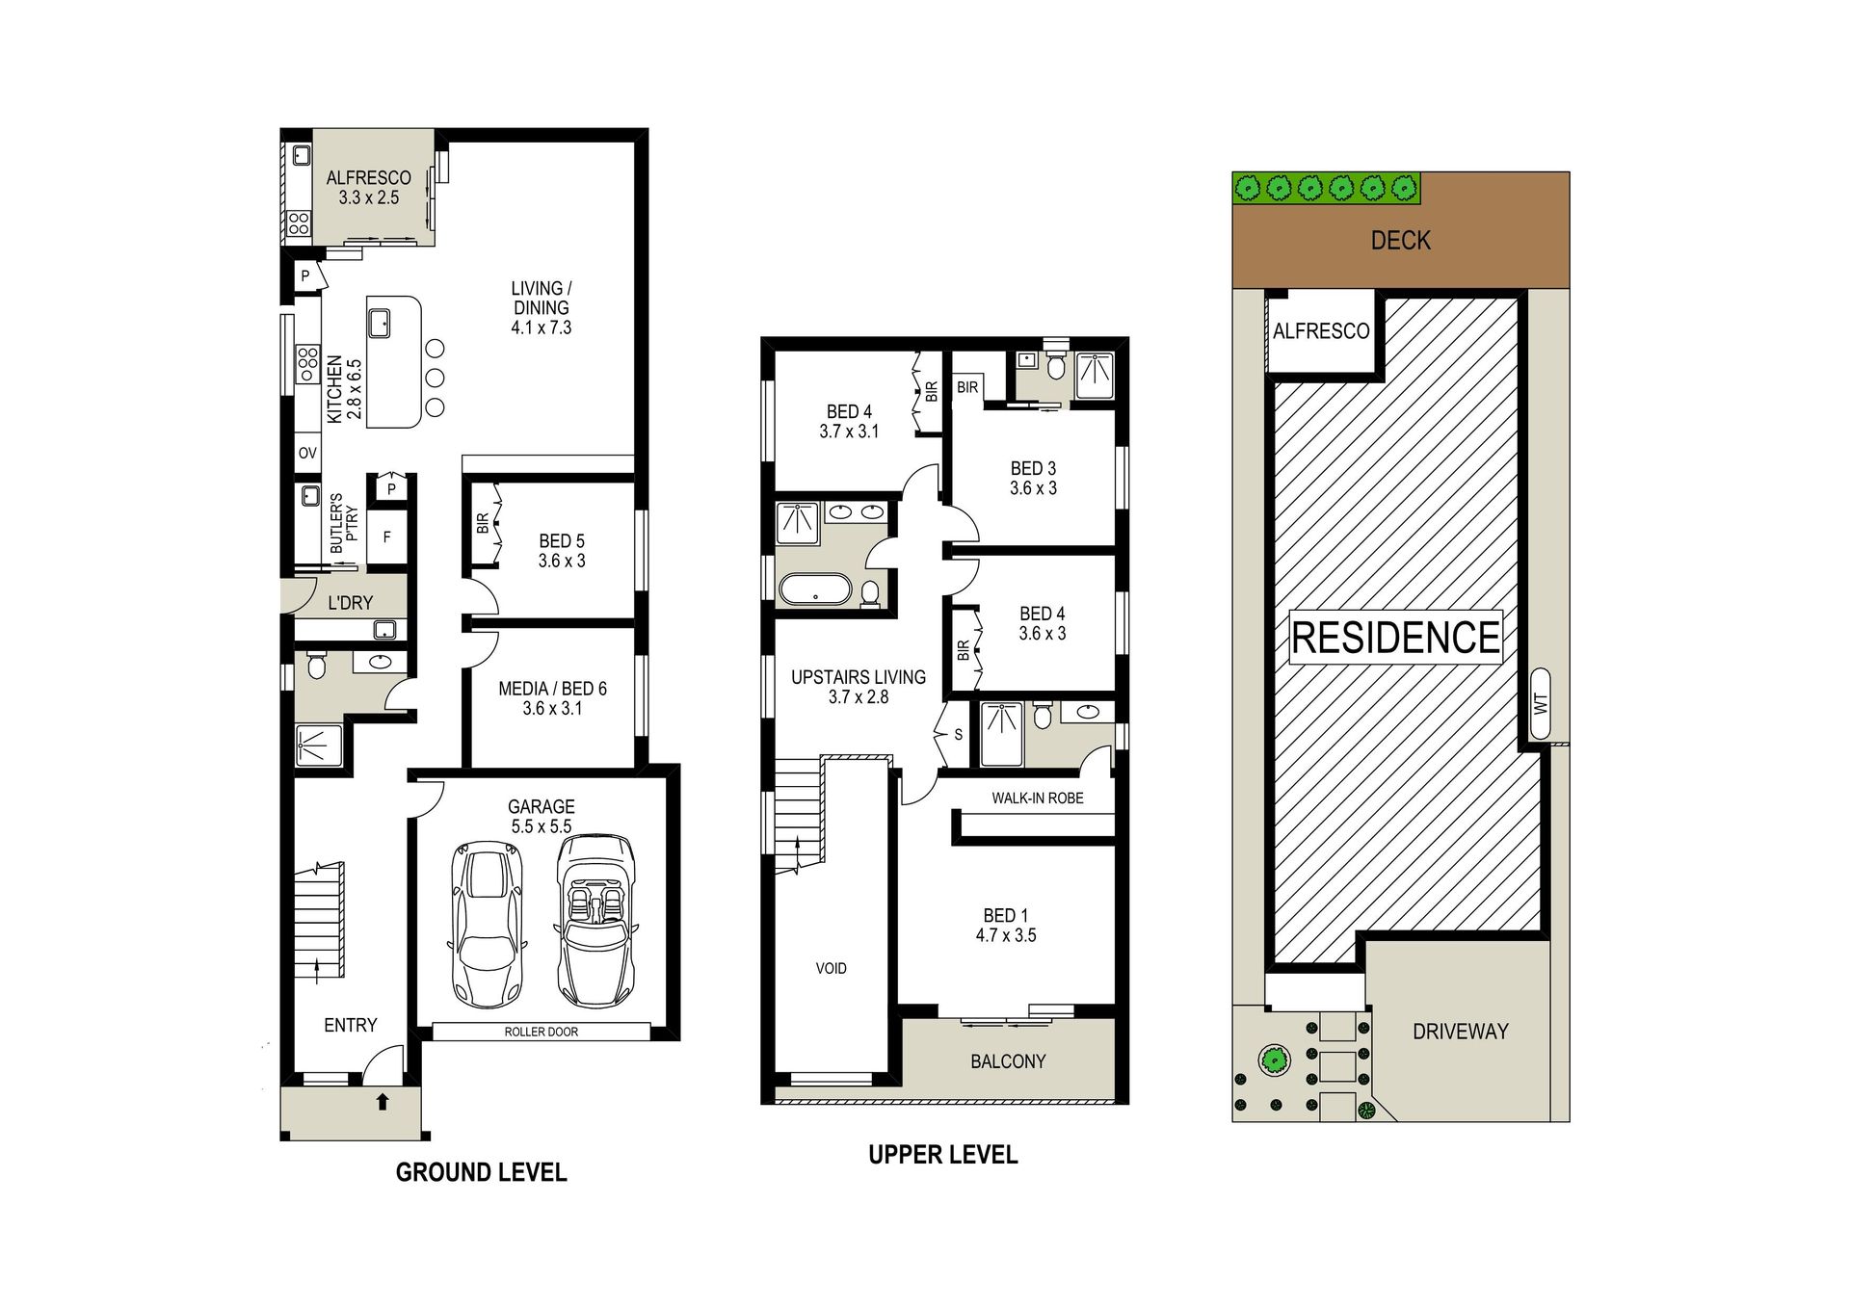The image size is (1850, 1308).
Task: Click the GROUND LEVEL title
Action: (482, 1172)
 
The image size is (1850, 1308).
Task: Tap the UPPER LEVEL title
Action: (943, 1155)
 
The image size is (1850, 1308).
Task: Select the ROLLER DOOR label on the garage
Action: (542, 1032)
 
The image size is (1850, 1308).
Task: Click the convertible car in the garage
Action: (595, 922)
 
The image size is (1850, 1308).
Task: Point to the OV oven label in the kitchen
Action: (307, 453)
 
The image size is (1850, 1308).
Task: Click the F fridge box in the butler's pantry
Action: (387, 537)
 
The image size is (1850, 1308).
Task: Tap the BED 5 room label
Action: (562, 551)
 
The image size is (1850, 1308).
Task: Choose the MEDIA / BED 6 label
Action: (552, 698)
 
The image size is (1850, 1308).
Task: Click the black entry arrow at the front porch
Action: (383, 1101)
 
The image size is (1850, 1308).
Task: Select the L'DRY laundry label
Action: (350, 603)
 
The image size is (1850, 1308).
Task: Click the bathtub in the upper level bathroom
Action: (815, 589)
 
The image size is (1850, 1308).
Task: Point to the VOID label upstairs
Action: (832, 968)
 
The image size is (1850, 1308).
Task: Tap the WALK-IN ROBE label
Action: (1038, 798)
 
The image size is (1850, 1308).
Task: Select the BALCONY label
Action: (1008, 1061)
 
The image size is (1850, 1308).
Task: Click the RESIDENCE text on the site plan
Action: (1395, 638)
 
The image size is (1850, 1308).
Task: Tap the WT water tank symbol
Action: (1540, 704)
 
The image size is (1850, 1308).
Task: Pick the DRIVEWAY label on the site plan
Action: (1461, 1032)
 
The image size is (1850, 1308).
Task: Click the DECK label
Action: (1401, 240)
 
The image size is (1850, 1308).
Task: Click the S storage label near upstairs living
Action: (958, 735)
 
